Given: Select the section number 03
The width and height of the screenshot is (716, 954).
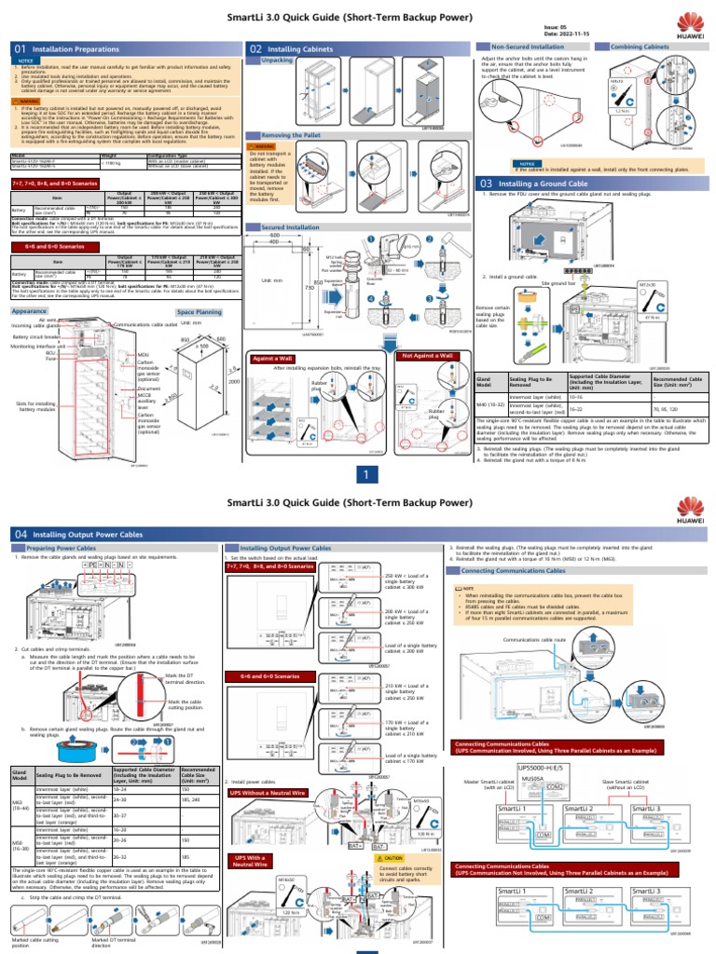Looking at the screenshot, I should point(486,184).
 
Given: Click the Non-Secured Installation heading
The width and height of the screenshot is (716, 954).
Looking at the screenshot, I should point(529,46).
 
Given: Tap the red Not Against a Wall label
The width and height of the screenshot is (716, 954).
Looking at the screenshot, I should point(427,356).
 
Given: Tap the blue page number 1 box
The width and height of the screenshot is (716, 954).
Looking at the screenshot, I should point(367,474).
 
